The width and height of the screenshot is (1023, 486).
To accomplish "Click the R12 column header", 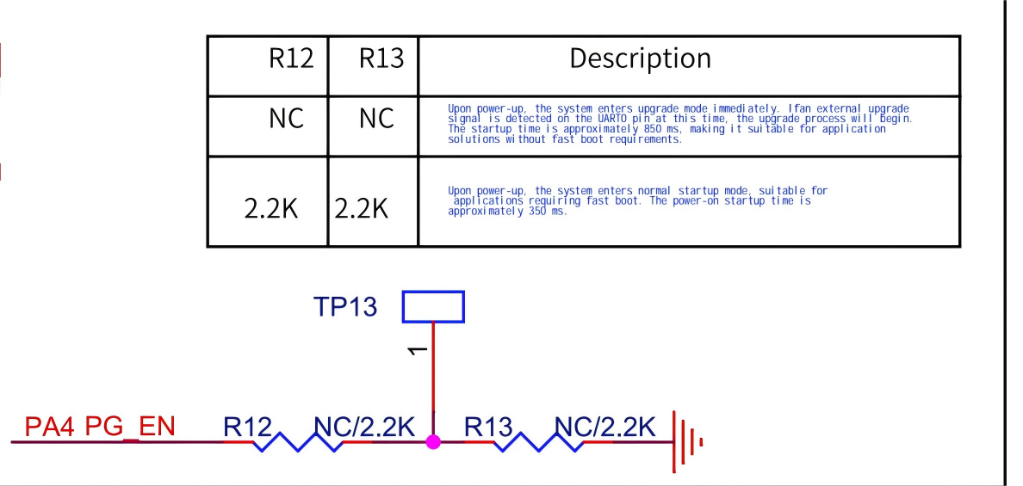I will (x=292, y=59).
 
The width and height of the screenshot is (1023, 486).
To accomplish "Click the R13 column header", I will (x=381, y=59).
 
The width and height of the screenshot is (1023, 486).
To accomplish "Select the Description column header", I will (x=641, y=58).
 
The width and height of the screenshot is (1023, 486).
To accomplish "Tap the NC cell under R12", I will (x=287, y=119).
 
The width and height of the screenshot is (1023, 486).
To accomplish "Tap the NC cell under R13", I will (x=376, y=119).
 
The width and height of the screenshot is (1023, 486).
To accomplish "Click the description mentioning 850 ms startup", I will (x=679, y=124).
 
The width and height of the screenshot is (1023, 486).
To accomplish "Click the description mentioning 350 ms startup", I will (x=637, y=201).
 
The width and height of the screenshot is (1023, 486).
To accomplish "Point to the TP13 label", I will (x=344, y=307).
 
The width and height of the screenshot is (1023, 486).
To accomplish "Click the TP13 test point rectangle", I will (x=433, y=306).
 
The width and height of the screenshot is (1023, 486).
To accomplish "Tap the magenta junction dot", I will (x=433, y=441).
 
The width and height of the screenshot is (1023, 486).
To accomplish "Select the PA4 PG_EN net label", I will (x=100, y=427).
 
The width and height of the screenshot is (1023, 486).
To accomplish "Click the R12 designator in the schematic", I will (x=247, y=427).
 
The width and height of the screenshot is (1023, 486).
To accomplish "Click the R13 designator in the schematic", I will (x=488, y=427).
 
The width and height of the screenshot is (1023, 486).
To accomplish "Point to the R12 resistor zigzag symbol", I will (x=298, y=443).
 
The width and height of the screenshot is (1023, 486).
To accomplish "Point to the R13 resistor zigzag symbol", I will (x=539, y=443).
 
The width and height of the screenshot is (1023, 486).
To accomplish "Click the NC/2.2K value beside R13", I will (x=605, y=427).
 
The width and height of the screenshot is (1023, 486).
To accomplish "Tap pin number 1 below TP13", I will (x=417, y=351).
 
